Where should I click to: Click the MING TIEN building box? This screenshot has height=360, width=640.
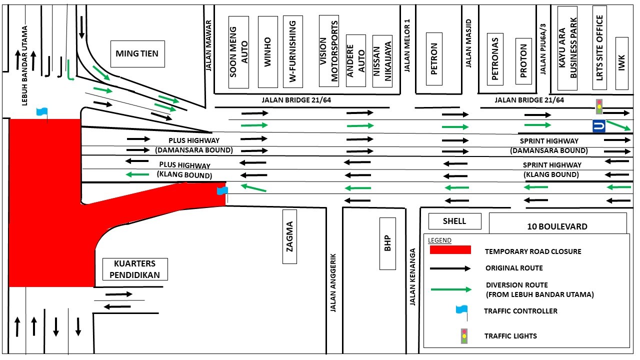(x=137, y=53)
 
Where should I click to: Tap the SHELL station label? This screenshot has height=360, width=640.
(x=454, y=221)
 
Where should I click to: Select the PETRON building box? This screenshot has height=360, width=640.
(x=433, y=59)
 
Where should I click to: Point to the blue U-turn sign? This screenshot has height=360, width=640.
(x=598, y=126)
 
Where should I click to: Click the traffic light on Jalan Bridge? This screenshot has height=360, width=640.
(x=599, y=106)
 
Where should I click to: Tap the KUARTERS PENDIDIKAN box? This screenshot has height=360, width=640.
(x=134, y=269)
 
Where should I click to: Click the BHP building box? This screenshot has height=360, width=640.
(x=387, y=243)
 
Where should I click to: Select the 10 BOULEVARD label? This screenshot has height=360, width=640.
(x=557, y=226)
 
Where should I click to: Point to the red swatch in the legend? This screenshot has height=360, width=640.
(x=450, y=249)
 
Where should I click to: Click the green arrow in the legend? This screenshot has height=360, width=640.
(x=450, y=289)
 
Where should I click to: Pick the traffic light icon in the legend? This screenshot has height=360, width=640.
(x=464, y=335)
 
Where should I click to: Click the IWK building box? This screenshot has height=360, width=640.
(x=621, y=63)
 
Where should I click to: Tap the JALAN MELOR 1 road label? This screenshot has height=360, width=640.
(x=407, y=46)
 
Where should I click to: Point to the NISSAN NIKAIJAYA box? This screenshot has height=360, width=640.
(x=382, y=61)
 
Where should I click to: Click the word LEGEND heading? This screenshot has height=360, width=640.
(x=439, y=240)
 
